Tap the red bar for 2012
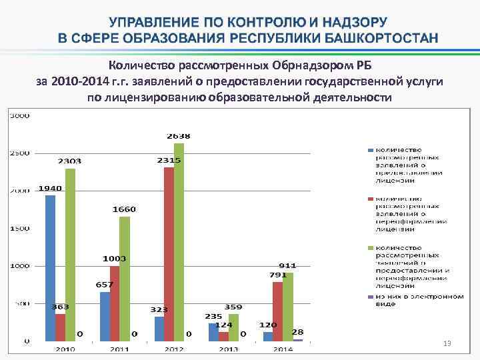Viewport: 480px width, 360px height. point(169,254)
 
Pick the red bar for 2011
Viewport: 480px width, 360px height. point(115,303)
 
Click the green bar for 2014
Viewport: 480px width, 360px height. point(288,307)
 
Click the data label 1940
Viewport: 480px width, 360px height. point(50,188)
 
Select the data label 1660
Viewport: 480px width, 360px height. point(124,209)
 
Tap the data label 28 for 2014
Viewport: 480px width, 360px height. point(298,331)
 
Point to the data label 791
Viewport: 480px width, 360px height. point(278,274)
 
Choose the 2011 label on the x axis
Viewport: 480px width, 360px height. point(120,349)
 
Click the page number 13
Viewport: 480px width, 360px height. point(447,343)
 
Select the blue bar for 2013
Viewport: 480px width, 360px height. point(213,332)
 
